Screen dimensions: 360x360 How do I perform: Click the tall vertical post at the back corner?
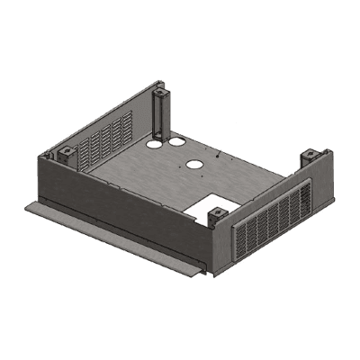point(160,117)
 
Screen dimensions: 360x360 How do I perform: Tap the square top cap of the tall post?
point(160,91)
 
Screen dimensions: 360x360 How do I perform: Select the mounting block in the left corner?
point(66,152)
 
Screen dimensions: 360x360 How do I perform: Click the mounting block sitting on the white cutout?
point(217,214)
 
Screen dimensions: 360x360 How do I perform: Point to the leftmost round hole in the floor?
point(154,143)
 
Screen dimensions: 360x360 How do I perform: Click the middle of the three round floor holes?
point(176,141)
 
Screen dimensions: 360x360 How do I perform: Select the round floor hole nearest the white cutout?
point(194,165)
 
